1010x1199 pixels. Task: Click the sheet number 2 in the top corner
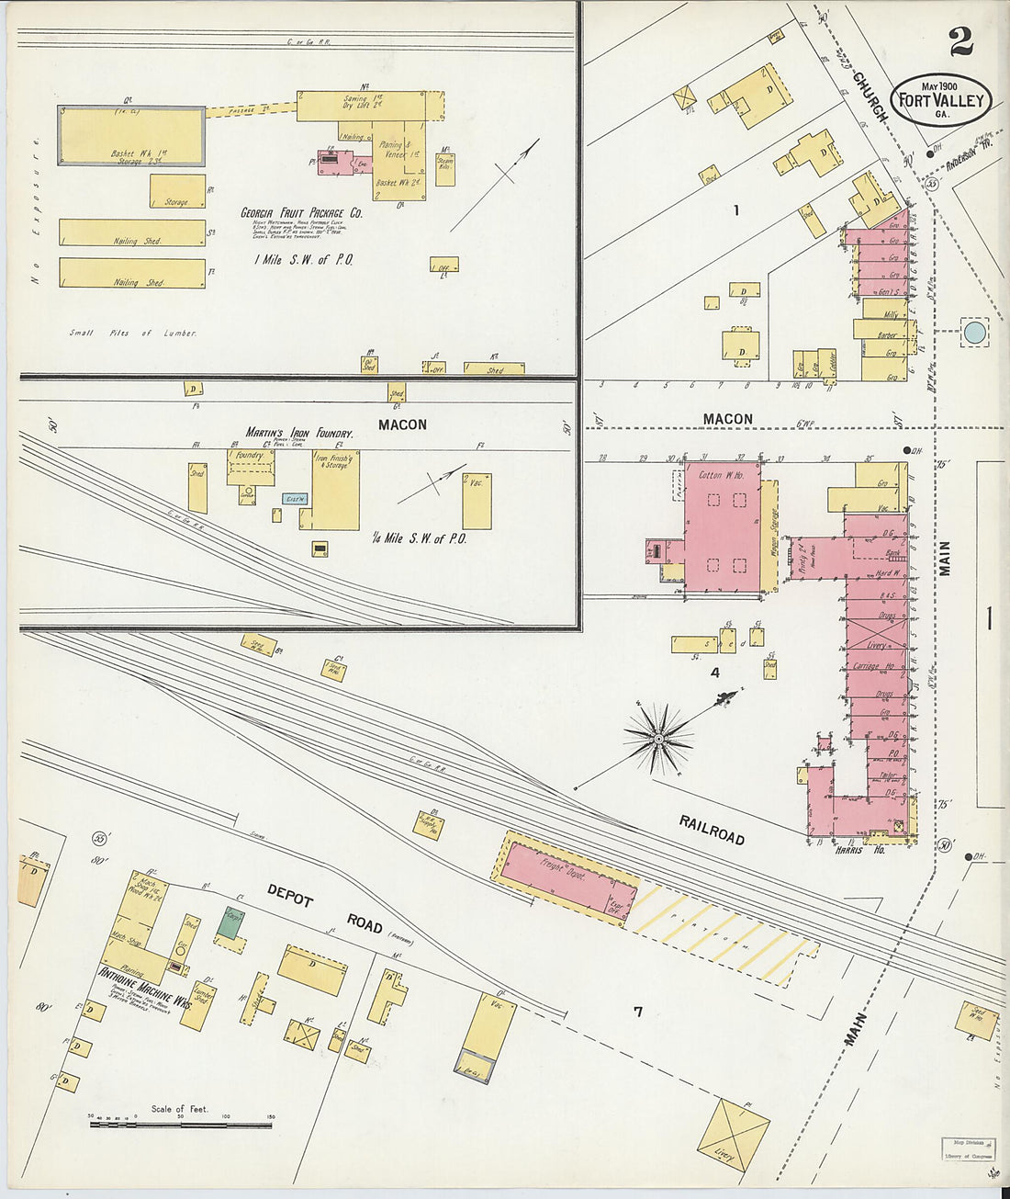point(960,41)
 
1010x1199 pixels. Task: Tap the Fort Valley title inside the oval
point(941,101)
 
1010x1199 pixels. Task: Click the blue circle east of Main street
point(974,332)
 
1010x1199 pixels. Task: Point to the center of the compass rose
point(657,738)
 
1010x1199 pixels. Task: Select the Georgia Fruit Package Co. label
point(301,213)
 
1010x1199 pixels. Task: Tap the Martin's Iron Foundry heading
point(298,433)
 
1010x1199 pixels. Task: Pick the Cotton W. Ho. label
point(722,475)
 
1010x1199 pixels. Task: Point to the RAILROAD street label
point(712,829)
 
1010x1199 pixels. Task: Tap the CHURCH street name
point(870,96)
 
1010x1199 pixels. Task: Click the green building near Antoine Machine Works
point(231,922)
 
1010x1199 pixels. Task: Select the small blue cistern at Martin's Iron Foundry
point(295,499)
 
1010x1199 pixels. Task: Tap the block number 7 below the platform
point(637,1012)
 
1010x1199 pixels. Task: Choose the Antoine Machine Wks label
point(145,987)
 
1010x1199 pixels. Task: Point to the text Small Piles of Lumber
point(133,333)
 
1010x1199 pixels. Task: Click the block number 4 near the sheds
point(714,673)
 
